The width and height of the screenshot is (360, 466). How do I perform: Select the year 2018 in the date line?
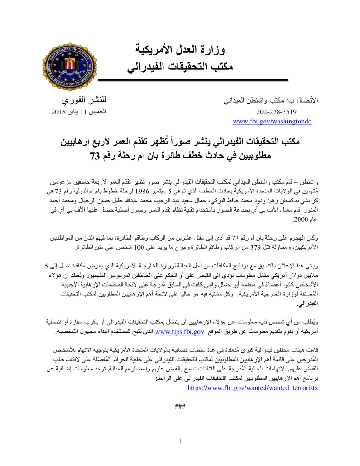click(59, 113)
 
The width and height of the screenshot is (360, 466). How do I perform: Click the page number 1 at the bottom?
click(180, 442)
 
